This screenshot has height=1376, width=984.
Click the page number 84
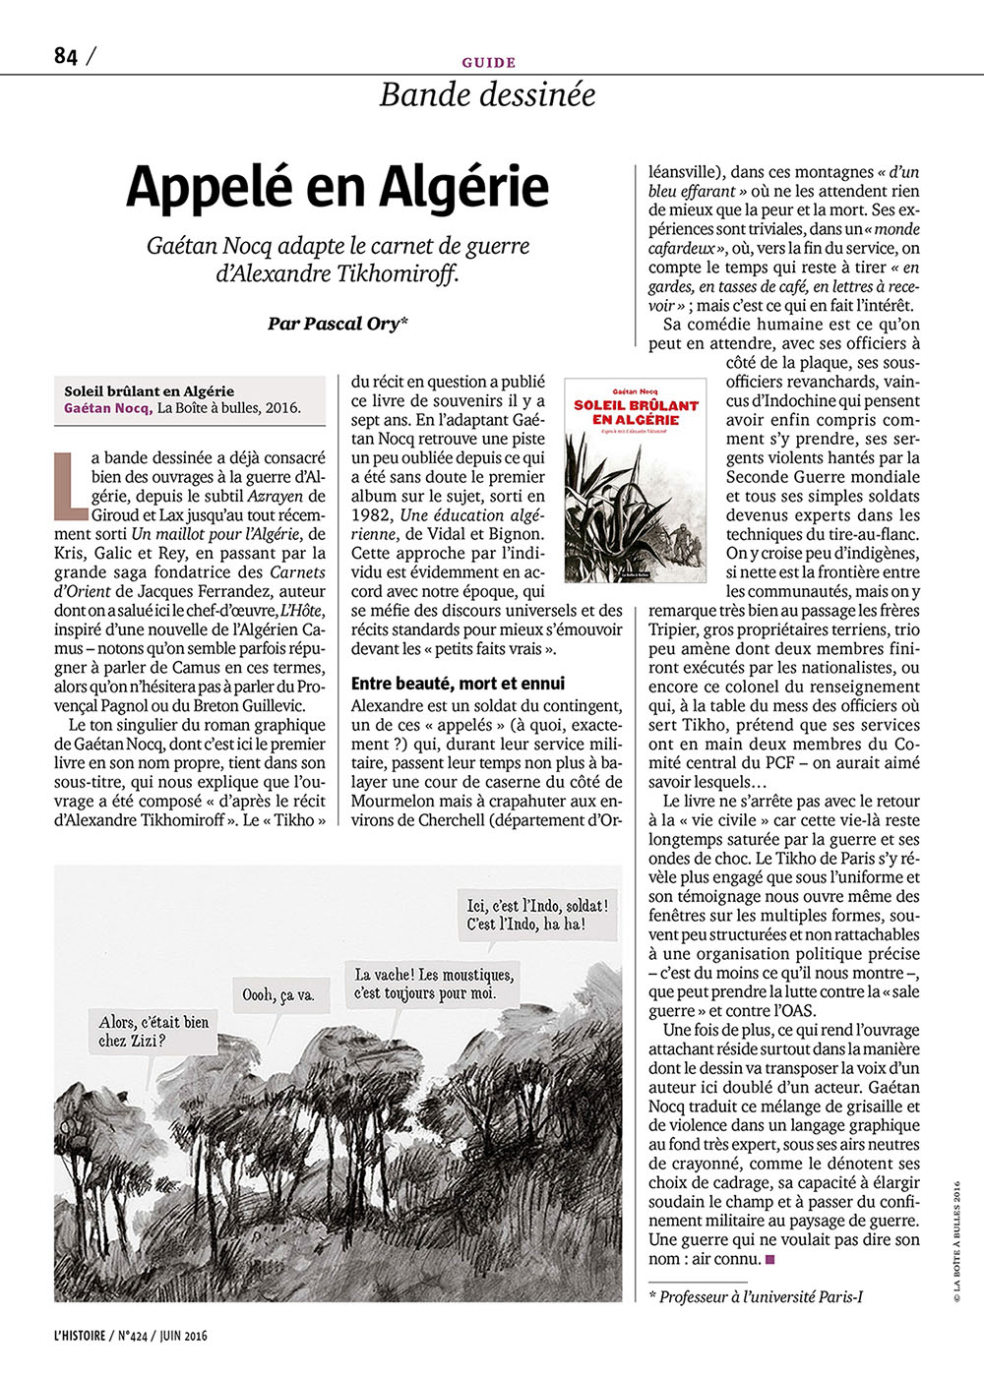[x=65, y=56]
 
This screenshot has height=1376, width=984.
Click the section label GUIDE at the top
[x=488, y=62]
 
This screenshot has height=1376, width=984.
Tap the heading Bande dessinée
[x=487, y=94]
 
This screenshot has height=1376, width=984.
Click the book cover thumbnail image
[x=635, y=479]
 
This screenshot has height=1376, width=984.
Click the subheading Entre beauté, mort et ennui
[x=459, y=683]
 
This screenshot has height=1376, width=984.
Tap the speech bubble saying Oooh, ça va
[x=277, y=995]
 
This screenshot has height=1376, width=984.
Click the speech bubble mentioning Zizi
[x=154, y=1031]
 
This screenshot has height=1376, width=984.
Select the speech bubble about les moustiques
[x=434, y=984]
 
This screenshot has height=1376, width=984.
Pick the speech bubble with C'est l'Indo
[x=537, y=914]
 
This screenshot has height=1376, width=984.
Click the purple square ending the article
[x=770, y=1259]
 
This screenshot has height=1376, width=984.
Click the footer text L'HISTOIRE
[x=83, y=1335]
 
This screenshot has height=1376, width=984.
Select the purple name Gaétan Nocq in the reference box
[x=108, y=408]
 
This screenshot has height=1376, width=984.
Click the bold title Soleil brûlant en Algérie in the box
[x=149, y=390]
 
